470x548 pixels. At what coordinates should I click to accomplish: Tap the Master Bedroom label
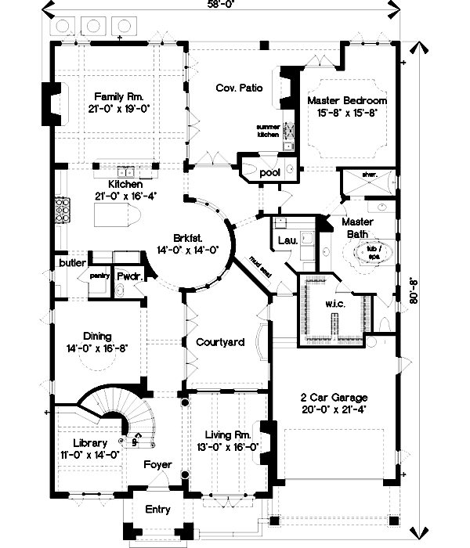346,101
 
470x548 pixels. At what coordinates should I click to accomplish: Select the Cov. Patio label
239,88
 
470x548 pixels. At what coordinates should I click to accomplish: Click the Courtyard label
220,342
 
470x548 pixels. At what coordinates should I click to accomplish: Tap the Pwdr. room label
127,276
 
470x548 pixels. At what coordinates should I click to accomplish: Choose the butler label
71,264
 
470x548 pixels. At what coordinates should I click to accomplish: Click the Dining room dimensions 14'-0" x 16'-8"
98,348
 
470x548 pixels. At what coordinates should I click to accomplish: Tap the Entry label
158,510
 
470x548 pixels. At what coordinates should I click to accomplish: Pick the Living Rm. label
227,434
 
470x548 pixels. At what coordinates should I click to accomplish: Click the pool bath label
269,171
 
